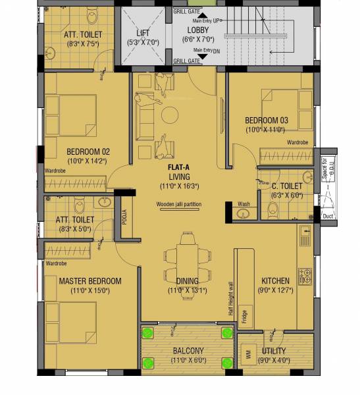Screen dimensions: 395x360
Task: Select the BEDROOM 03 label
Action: (x=266, y=120)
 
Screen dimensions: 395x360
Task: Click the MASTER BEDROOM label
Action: (x=90, y=281)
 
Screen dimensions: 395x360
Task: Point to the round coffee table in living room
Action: (x=170, y=115)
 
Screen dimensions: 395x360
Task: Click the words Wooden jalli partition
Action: (x=179, y=205)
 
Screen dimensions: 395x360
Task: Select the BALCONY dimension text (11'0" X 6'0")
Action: (x=188, y=360)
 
